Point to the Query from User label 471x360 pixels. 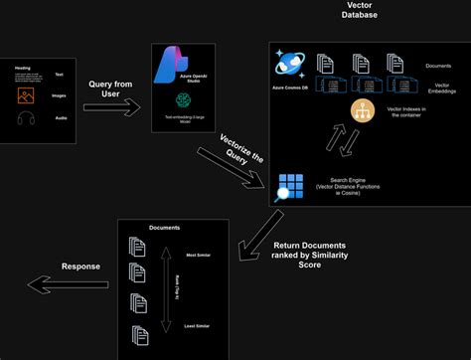(109, 90)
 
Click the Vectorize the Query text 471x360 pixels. (232, 155)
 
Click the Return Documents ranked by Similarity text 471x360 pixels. (311, 255)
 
